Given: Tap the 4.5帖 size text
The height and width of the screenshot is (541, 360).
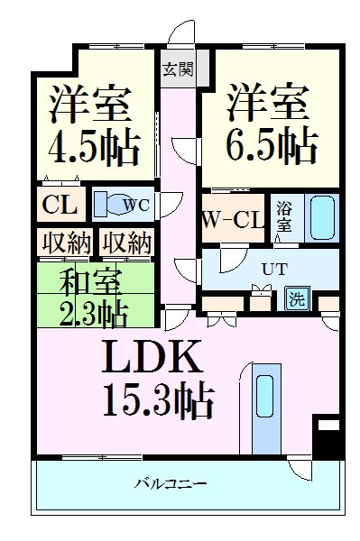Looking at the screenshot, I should point(89,148).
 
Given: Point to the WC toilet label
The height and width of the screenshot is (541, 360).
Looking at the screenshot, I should point(136,205).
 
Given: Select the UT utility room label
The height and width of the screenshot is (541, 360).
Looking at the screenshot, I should point(272,268).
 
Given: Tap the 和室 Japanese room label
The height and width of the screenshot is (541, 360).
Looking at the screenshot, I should point(87,282).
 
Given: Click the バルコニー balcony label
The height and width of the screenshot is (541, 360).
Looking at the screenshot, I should point(171,484).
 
